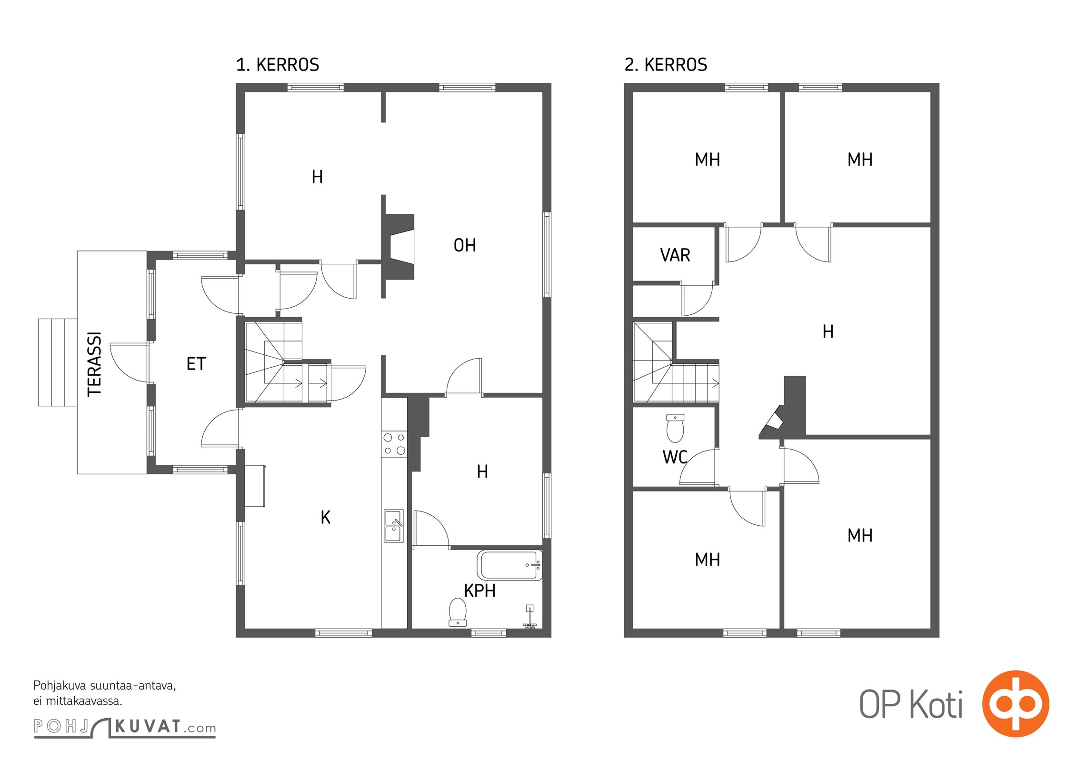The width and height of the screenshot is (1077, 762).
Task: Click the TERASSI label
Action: point(94,364)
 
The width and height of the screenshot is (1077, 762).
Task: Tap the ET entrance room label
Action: point(196,364)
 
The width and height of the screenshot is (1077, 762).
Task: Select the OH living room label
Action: point(465,245)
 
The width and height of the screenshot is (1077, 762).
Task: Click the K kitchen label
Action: point(326,517)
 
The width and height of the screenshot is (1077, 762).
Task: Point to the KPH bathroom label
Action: point(480,591)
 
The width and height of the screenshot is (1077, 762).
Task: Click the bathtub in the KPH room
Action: point(510,565)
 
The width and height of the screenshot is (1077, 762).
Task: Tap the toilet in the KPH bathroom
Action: point(458,612)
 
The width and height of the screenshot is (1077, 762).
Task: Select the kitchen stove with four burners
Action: point(394,444)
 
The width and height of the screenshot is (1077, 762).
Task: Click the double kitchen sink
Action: point(394,526)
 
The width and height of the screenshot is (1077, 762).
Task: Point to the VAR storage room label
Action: point(675,255)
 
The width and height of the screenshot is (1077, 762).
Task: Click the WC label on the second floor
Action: point(675,457)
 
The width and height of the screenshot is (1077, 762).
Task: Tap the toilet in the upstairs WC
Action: point(675,428)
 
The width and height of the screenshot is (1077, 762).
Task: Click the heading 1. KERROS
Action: point(278,65)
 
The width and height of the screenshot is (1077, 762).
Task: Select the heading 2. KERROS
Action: point(666,65)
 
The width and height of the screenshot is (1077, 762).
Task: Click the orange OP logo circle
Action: point(1016,703)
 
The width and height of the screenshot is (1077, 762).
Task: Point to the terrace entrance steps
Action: point(58,362)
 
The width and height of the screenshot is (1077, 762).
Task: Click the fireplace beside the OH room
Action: point(399,246)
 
